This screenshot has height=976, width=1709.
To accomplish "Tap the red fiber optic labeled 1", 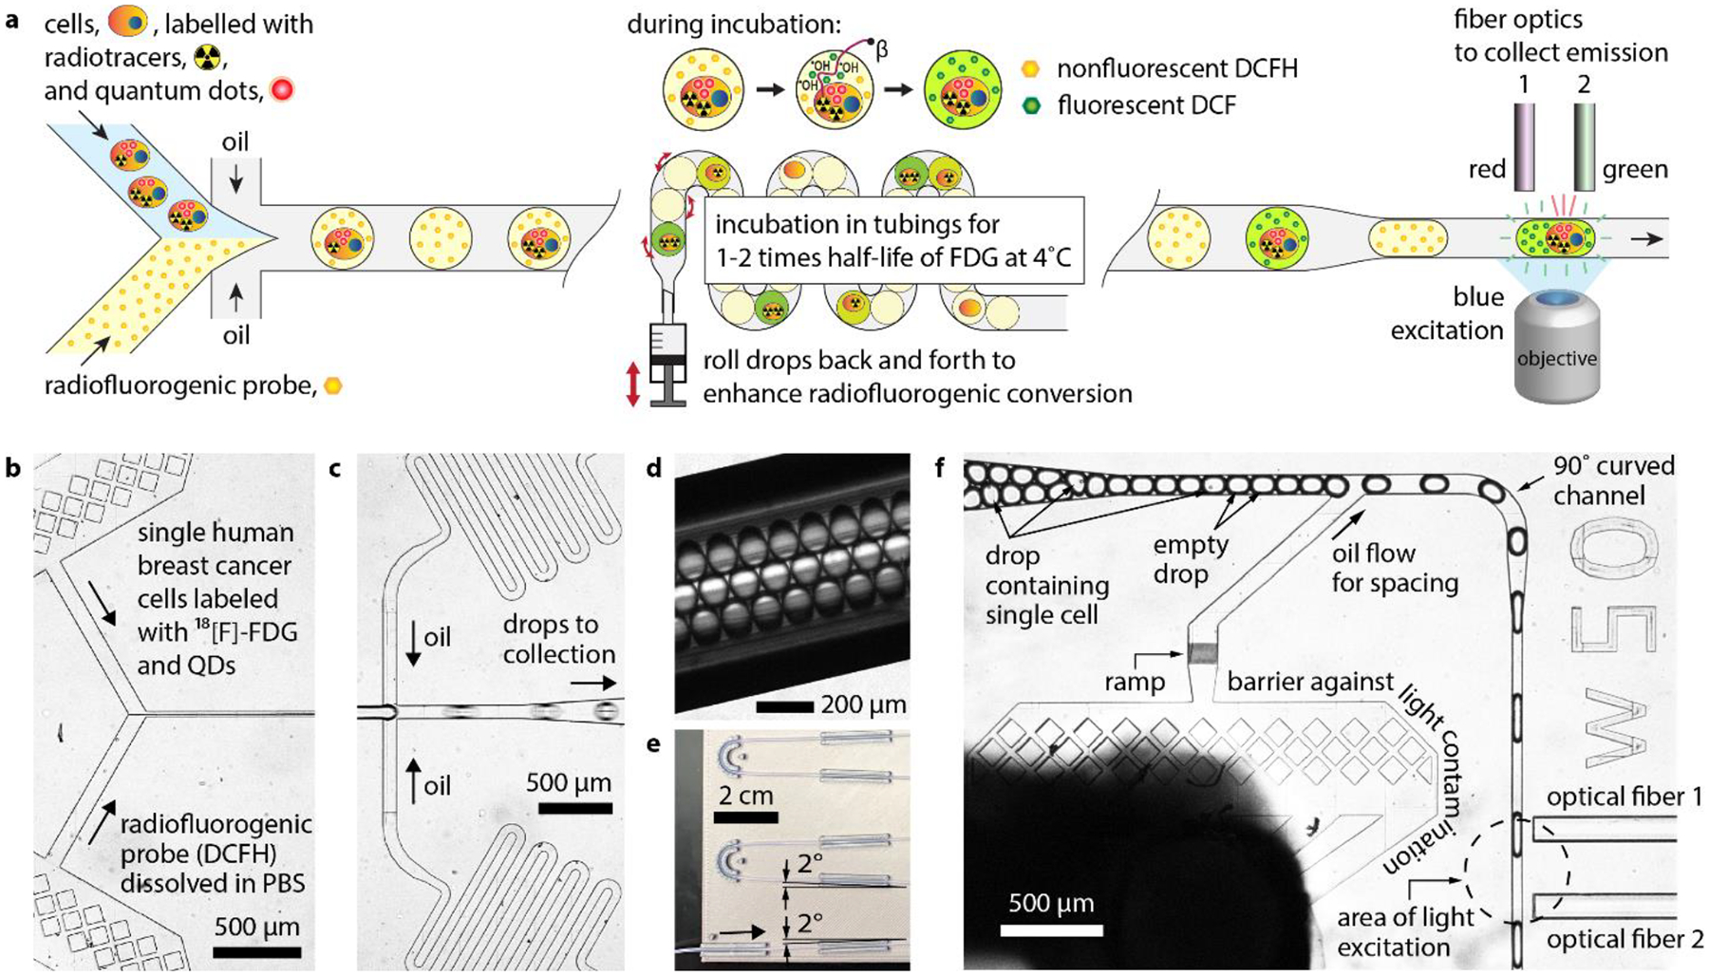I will [1524, 146].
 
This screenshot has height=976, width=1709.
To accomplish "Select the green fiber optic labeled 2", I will [1584, 146].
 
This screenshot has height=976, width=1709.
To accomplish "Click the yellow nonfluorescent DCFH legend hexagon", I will [1031, 68].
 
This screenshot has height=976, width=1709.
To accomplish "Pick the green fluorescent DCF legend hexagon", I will [1031, 104].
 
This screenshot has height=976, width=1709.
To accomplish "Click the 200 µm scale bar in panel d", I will [784, 706].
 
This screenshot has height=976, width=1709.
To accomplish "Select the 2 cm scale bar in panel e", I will [746, 816].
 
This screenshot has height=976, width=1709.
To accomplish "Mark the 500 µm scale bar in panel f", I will [1051, 929].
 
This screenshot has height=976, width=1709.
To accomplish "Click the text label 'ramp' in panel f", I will [1135, 682].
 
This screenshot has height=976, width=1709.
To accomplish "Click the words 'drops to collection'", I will [559, 639].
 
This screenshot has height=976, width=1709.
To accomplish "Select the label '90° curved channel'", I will [1613, 480].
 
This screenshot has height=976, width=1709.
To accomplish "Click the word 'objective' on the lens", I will [1556, 359].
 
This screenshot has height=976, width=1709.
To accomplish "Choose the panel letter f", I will [940, 468].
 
